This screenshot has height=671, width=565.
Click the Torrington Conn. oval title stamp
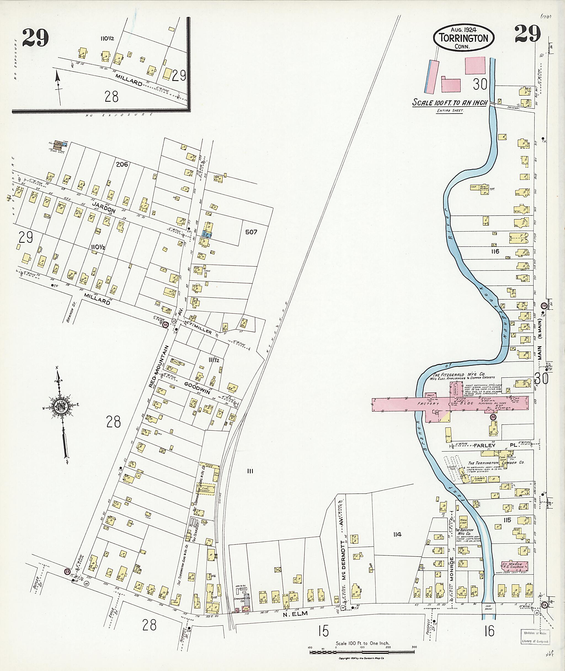coord(463,38)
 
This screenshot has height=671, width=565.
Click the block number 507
coord(251,232)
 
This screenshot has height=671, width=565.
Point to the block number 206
coord(122,165)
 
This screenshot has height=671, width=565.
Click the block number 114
coord(397,534)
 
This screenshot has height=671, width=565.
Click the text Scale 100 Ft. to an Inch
coord(449,103)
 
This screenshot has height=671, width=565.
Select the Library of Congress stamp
coord(533,637)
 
